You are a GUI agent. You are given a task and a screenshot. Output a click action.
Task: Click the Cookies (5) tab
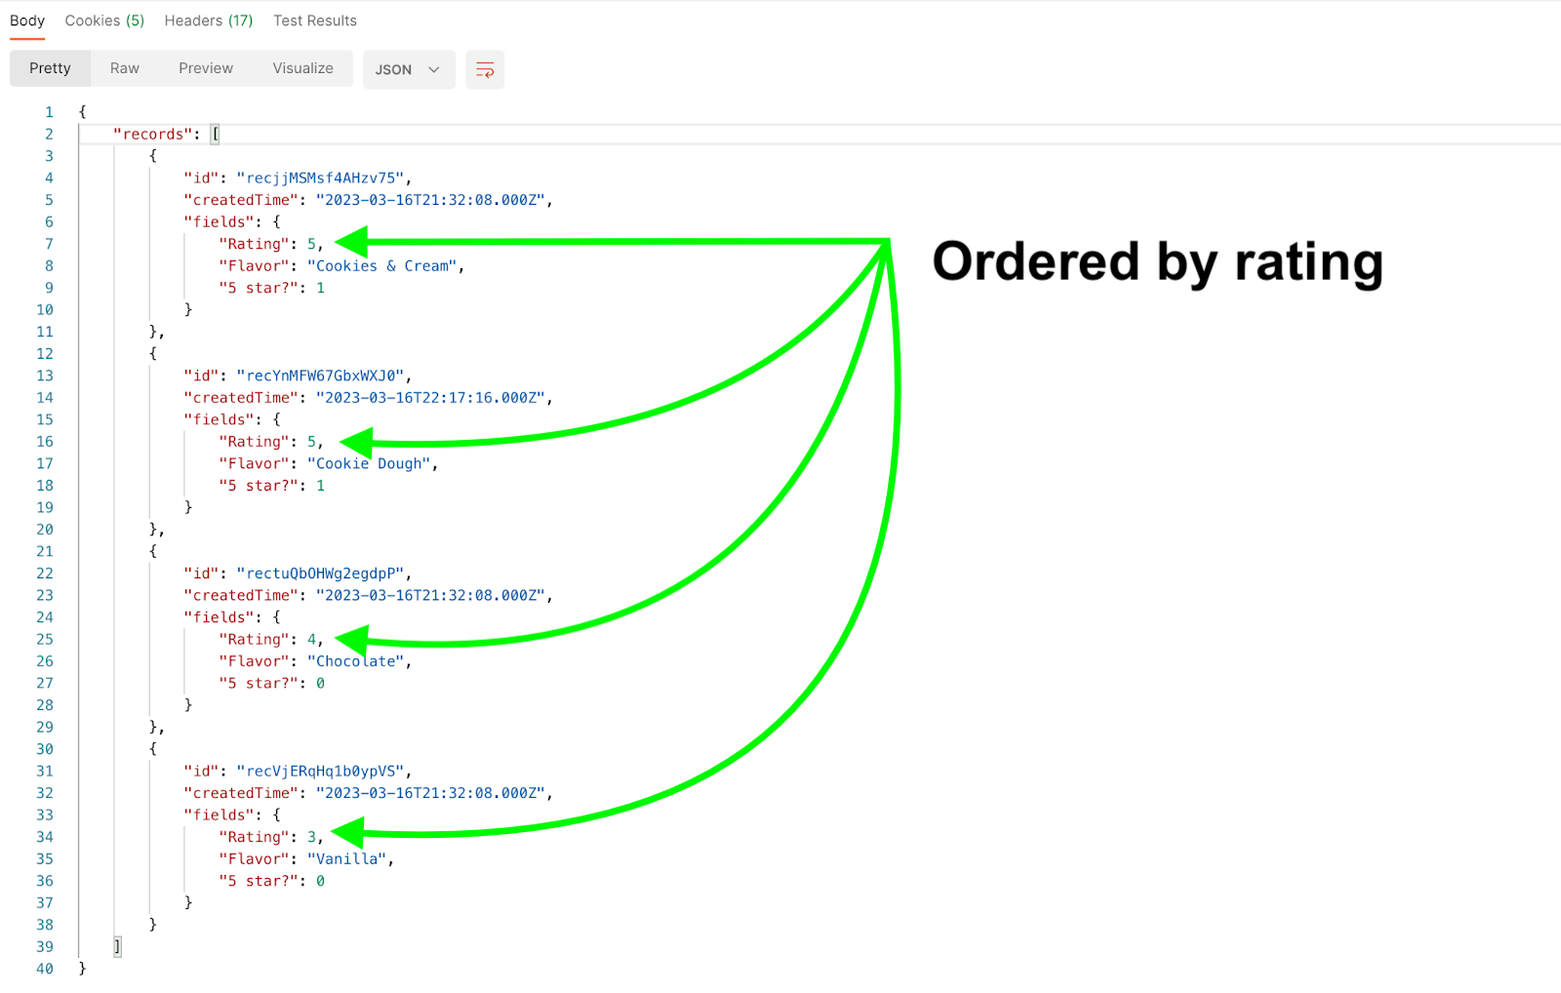104,20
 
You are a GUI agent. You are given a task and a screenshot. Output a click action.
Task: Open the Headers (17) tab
209,20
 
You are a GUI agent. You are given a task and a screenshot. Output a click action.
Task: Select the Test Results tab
315,20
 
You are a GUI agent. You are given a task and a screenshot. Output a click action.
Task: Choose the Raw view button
125,68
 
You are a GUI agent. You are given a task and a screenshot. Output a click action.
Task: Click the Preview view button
206,68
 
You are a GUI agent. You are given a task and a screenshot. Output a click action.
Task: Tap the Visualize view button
303,68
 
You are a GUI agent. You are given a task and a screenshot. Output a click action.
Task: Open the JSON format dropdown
409,69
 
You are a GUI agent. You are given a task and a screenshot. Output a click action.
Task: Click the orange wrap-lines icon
485,69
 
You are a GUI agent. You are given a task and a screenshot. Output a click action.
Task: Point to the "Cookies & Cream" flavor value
381,266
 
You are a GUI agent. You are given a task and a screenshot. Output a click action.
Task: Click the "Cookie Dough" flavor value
369,464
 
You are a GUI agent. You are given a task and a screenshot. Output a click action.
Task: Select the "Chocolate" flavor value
355,661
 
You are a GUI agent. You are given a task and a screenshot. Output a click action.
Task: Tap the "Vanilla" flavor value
347,859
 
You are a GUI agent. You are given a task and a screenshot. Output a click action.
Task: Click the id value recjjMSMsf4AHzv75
321,179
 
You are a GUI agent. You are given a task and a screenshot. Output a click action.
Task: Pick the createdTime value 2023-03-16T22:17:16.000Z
430,398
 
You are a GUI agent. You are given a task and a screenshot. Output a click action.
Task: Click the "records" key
152,135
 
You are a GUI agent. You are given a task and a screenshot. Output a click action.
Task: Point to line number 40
45,969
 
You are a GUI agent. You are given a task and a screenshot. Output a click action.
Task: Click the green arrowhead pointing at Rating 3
347,833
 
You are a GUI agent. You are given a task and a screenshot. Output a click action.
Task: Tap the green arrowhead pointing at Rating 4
352,640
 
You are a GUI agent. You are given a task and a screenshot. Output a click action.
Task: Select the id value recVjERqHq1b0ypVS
321,772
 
